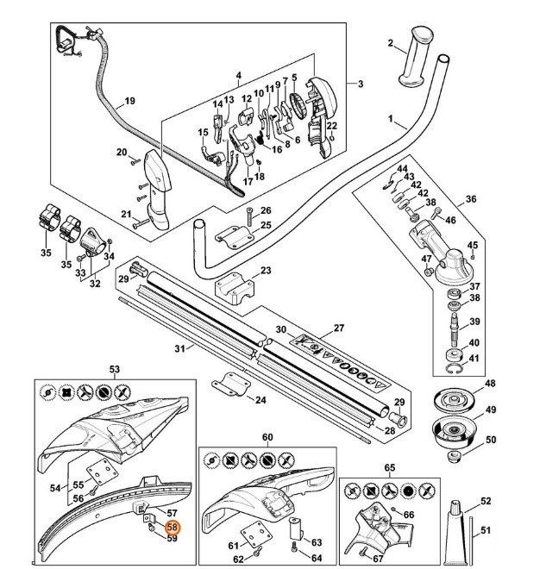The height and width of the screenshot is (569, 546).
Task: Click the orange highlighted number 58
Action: tap(172, 528)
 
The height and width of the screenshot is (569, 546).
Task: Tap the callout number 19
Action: tap(129, 102)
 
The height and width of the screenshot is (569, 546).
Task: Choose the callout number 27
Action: tap(338, 328)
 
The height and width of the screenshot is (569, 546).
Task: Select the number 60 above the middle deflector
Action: tap(267, 438)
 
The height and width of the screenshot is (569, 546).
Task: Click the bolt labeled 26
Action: tap(248, 215)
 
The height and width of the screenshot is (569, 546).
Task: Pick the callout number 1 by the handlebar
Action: tap(390, 117)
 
